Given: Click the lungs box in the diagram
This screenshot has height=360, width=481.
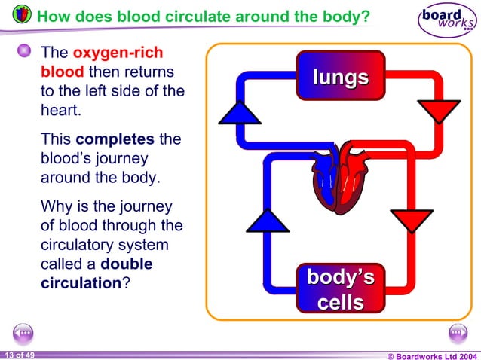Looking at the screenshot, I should [341, 76].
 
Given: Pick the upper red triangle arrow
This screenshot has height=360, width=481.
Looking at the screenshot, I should [437, 111].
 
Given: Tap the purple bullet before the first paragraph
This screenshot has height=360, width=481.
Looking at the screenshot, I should [25, 51].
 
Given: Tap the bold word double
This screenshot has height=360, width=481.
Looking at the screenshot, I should [126, 264].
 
